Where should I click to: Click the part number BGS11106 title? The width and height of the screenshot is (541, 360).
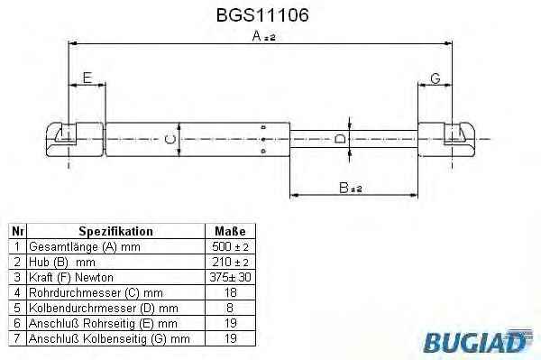coord(262,14)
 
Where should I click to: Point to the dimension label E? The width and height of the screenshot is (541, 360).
coord(87,78)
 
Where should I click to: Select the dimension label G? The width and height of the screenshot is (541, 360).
coord(436,78)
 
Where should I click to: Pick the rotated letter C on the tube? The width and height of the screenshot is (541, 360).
coord(170,140)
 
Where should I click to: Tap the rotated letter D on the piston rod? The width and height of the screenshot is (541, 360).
coord(340,139)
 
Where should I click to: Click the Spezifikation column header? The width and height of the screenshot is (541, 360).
coord(116,231)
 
